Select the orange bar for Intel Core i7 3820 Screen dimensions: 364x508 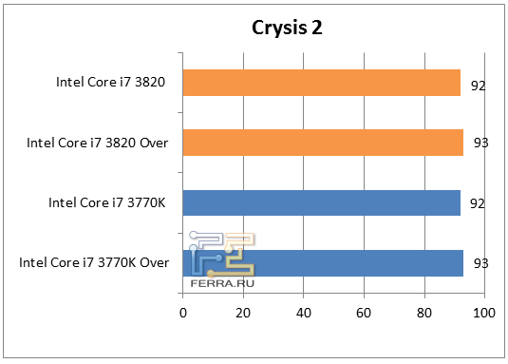coord(321,83)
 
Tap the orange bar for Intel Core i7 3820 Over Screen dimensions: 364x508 coord(323,143)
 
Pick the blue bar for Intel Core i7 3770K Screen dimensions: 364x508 coord(321,202)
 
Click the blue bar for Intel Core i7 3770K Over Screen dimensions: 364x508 coord(323,262)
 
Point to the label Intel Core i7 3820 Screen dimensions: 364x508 coord(111,84)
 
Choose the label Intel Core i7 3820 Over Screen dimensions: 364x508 coord(97,144)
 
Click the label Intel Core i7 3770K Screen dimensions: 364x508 coord(108,203)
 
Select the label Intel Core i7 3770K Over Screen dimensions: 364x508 coord(94,263)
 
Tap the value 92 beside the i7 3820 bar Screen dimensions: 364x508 coord(479,86)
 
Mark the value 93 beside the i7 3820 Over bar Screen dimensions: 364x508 coord(480,144)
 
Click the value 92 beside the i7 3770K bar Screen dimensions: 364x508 coord(479,203)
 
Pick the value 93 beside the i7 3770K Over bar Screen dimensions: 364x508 coord(480,263)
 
